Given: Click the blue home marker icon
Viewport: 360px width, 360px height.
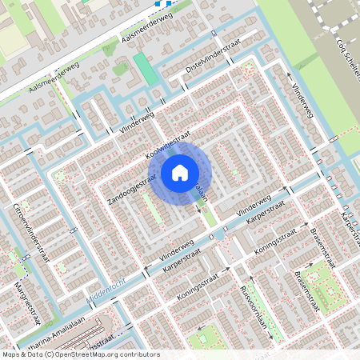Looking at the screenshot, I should (180, 173).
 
